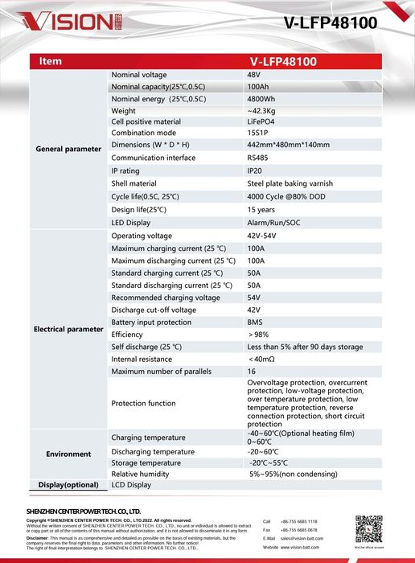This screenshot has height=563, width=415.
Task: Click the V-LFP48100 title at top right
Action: (x=331, y=23)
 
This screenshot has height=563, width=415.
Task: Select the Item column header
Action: (x=51, y=61)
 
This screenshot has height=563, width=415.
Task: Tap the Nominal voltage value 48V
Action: (x=255, y=75)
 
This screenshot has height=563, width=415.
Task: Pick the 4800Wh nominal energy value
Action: (x=261, y=99)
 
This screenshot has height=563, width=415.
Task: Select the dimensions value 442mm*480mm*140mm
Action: (x=288, y=145)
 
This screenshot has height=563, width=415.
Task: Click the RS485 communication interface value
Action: (x=258, y=158)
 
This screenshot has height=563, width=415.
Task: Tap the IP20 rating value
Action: (x=255, y=171)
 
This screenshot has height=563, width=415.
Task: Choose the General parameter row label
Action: (x=69, y=149)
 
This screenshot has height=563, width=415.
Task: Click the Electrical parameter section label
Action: (x=69, y=329)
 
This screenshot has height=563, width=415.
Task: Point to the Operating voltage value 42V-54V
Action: (x=262, y=236)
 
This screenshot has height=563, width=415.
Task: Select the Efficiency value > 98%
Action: (x=259, y=335)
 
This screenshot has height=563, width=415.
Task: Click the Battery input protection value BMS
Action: (x=255, y=323)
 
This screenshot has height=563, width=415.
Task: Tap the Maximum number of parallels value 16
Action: (x=252, y=372)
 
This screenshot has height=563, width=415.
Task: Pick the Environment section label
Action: (x=69, y=454)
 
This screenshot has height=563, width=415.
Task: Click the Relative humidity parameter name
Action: (x=140, y=475)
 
